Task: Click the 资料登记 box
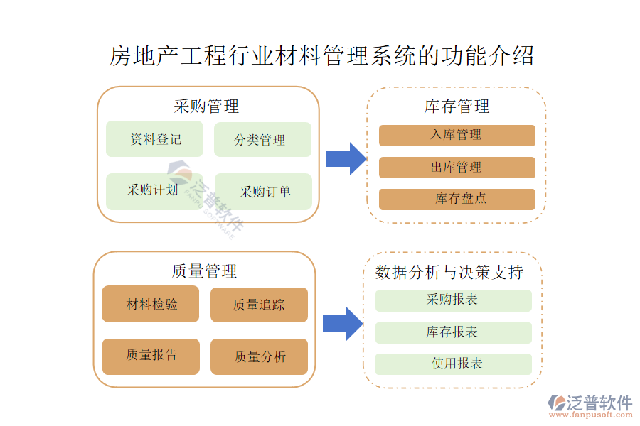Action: coord(154,139)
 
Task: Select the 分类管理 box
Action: coord(262,139)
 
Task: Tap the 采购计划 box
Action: coord(154,191)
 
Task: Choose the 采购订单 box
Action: coord(262,191)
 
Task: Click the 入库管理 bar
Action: coord(457,135)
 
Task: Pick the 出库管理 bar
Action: coord(457,168)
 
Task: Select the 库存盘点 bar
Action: coord(457,200)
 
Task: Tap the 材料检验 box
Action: coord(151,305)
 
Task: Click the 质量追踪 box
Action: coord(259,305)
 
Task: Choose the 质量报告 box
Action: coord(151,356)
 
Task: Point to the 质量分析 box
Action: coord(259,356)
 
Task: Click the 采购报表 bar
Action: coord(453,300)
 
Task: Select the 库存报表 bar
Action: coord(453,332)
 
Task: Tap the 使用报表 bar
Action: coord(453,364)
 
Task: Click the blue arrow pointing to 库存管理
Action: coord(346,158)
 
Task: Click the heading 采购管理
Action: coord(206,106)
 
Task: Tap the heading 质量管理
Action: coord(204,271)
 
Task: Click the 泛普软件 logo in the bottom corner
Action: coord(590,405)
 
